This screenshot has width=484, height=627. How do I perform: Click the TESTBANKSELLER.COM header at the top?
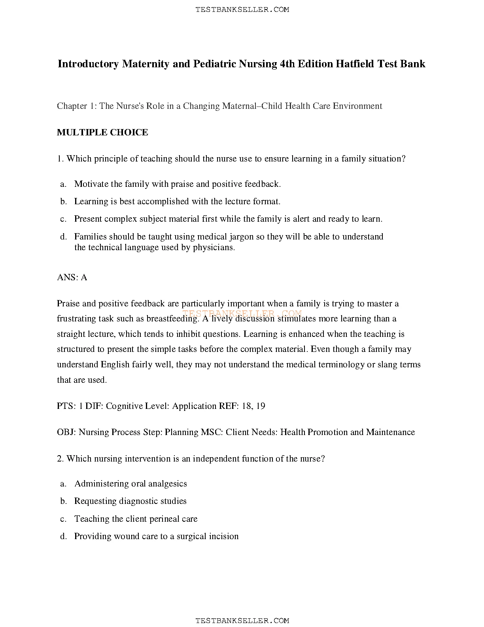[x=242, y=9]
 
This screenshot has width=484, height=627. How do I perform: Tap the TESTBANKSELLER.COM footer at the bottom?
[x=242, y=621]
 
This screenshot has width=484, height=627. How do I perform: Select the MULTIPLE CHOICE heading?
[x=102, y=132]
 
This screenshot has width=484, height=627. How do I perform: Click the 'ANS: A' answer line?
[x=72, y=277]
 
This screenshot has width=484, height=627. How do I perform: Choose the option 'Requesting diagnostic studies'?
[x=130, y=501]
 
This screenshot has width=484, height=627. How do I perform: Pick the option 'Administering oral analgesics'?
[x=130, y=484]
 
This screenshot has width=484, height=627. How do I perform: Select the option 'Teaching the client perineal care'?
[x=136, y=519]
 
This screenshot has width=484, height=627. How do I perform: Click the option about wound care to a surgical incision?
[x=156, y=536]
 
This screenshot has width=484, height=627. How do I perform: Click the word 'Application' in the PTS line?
[x=194, y=406]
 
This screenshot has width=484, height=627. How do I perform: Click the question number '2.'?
[x=60, y=459]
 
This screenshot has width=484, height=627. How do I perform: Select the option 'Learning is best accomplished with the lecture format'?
[x=177, y=201]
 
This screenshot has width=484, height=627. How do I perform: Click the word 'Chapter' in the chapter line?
[x=72, y=106]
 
